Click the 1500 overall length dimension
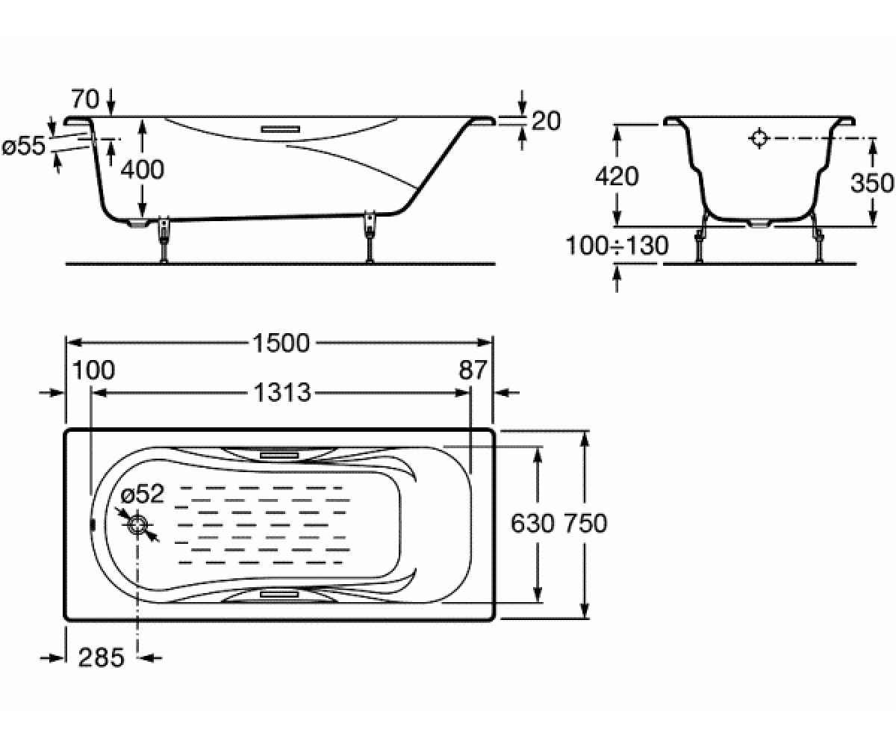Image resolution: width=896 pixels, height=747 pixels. tap(281, 343)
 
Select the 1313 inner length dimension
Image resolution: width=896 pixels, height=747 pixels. tap(282, 393)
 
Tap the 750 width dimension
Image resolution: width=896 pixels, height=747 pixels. tap(584, 524)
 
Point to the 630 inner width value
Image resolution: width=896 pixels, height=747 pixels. tap(532, 524)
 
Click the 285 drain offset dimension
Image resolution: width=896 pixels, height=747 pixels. tap(102, 657)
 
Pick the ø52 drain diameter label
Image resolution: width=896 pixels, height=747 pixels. tap(143, 494)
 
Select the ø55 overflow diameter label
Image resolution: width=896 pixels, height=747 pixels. tap(24, 146)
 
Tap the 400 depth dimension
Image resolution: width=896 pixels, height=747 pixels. tap(142, 170)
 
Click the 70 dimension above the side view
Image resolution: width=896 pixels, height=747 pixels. tap(85, 99)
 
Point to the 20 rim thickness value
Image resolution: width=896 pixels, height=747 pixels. tap(547, 121)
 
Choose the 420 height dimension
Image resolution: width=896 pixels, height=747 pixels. tap(617, 176)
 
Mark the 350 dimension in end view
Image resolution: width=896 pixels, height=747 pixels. tap(872, 183)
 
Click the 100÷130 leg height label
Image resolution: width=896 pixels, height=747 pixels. tap(617, 246)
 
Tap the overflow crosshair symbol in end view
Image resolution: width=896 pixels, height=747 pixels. tap(759, 138)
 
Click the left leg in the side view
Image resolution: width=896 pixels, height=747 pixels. tap(164, 240)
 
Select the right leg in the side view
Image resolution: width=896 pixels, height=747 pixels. tap(369, 236)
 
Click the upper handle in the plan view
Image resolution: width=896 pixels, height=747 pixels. tap(280, 455)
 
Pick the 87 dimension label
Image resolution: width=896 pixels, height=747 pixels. tap(473, 370)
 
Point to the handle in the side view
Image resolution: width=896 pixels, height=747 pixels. tap(281, 128)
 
